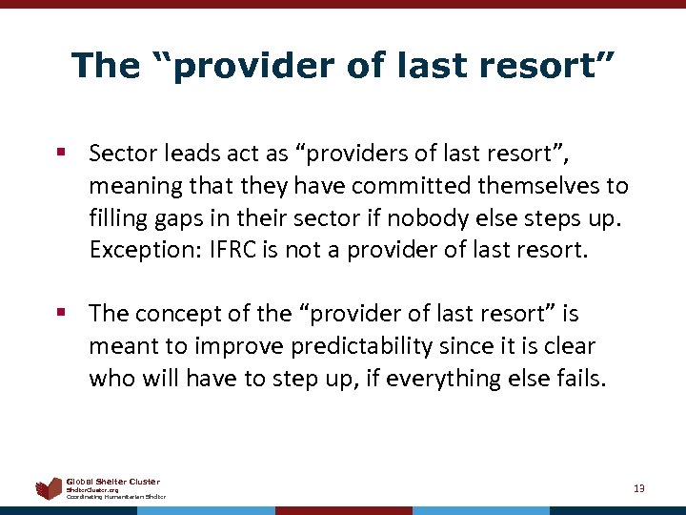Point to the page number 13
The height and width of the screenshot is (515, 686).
tap(638, 488)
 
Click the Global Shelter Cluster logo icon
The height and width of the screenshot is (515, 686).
tap(48, 489)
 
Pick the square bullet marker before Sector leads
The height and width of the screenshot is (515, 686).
tap(61, 154)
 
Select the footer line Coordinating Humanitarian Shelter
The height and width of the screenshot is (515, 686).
tap(115, 497)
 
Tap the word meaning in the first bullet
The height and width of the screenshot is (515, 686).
tap(133, 185)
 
